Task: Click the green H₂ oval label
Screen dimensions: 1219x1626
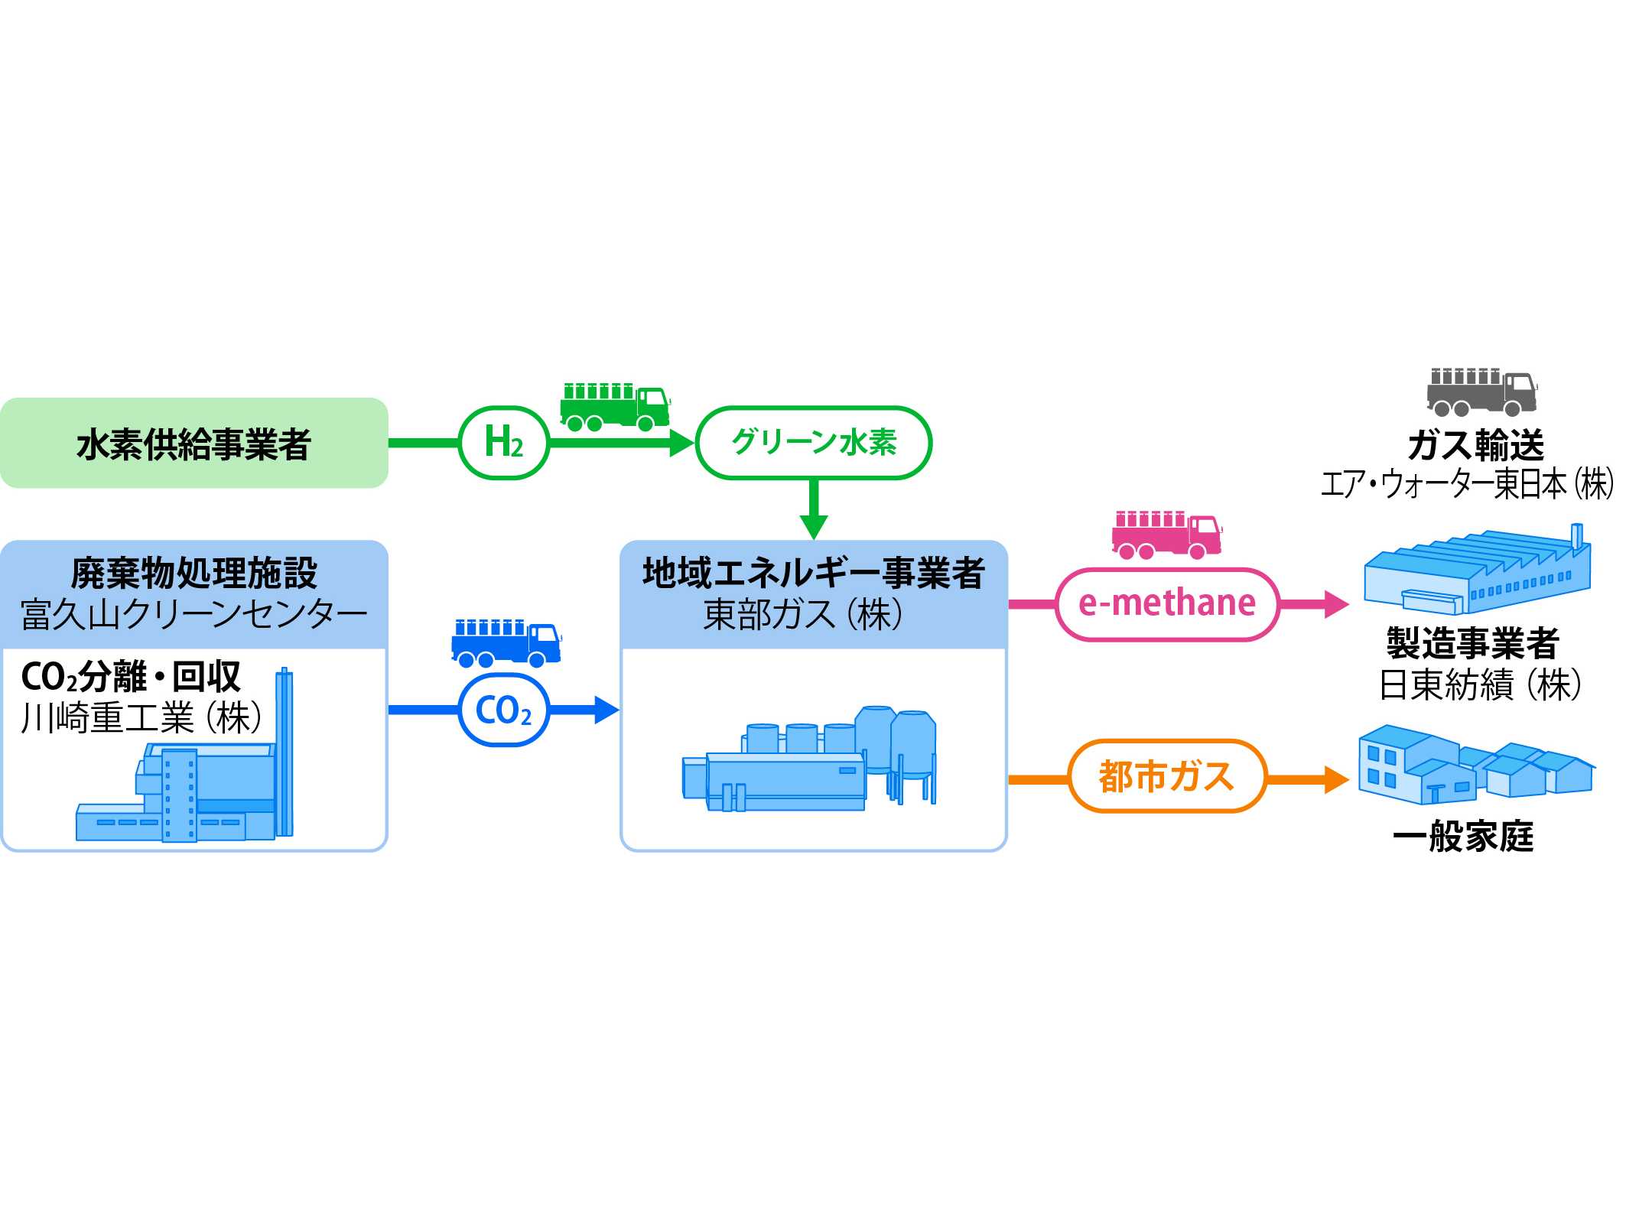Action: click(x=503, y=443)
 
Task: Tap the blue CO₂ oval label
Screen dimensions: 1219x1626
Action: click(x=503, y=710)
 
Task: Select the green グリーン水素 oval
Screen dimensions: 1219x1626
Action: click(x=813, y=443)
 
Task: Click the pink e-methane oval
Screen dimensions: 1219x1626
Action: click(x=1167, y=604)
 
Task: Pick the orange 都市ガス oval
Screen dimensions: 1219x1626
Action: click(x=1167, y=776)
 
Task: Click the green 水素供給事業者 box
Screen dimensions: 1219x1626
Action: click(x=193, y=443)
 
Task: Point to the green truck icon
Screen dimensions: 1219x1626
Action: click(x=615, y=407)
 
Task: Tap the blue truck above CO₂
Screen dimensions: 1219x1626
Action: click(x=506, y=643)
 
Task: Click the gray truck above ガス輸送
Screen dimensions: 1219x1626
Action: click(x=1481, y=392)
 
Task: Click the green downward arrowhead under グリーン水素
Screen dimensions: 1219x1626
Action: click(x=813, y=527)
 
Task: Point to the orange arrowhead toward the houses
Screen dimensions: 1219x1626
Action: click(x=1336, y=779)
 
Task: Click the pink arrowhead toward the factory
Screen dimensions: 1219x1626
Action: click(x=1336, y=604)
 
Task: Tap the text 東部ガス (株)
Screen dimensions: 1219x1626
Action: click(x=803, y=614)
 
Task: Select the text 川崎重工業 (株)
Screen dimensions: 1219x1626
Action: click(x=142, y=718)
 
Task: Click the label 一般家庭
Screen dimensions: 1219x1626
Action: click(x=1463, y=836)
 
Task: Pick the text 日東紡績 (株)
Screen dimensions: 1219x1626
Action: click(x=1480, y=684)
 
